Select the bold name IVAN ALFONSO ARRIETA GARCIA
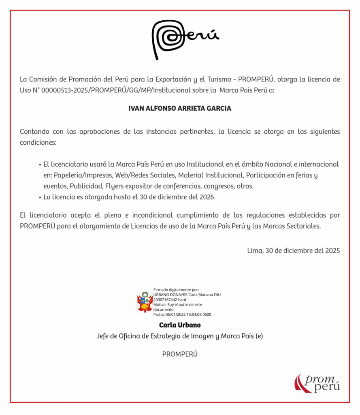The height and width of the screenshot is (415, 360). pos(180,108)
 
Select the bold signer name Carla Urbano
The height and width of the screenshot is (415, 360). pos(180,325)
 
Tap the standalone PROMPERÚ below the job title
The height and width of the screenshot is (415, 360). pos(180,354)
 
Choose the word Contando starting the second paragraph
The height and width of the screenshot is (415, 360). pos(34,132)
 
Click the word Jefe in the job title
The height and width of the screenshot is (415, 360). pos(103,336)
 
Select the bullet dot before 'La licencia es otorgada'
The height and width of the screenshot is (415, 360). pos(40,197)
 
